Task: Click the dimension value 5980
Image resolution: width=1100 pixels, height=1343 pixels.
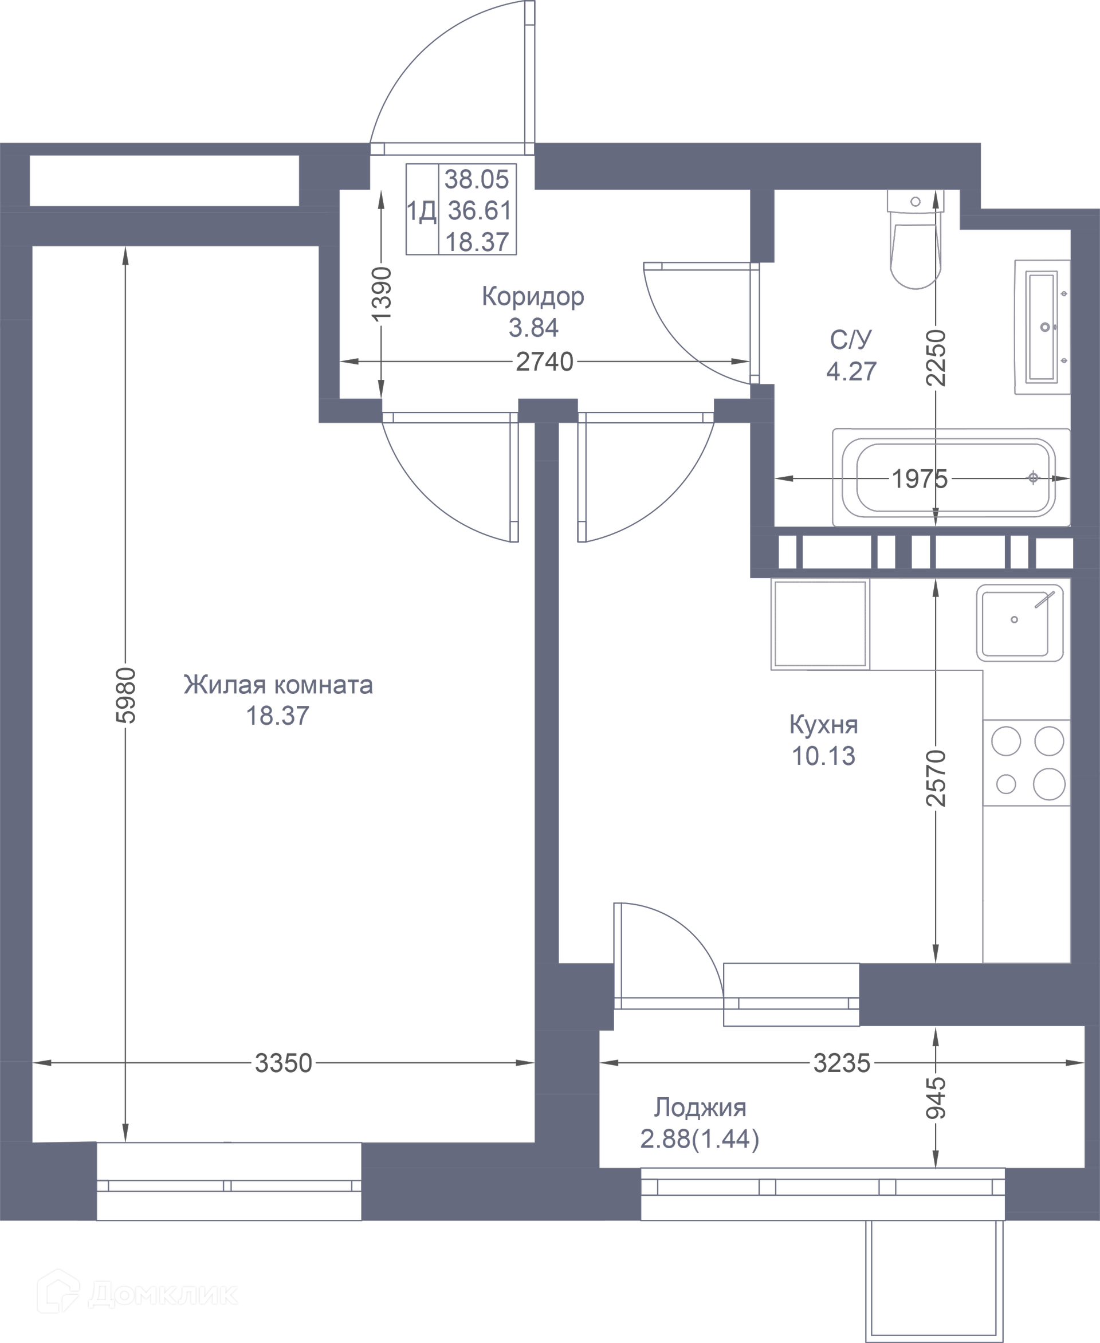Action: coord(126,694)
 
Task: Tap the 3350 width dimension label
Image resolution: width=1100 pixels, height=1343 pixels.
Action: coord(283,1063)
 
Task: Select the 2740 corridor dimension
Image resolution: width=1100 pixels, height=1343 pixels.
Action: coord(544,362)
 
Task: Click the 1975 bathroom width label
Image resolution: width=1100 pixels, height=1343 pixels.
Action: coord(920,478)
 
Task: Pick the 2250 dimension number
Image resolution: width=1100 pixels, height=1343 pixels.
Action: coord(936,358)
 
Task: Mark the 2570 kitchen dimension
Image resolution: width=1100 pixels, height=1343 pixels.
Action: coord(936,777)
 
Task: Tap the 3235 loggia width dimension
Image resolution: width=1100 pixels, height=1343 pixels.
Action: coord(842,1063)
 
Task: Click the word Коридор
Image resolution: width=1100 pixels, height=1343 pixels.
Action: coord(533,297)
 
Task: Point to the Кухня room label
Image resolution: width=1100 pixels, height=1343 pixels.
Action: coord(824,724)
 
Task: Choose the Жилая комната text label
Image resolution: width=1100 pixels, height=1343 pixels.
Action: coord(278,685)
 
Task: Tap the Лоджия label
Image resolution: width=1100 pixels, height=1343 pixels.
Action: coord(700,1108)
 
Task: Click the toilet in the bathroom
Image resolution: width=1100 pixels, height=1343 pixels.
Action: coord(916,239)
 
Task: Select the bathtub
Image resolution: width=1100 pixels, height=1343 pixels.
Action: coord(951,477)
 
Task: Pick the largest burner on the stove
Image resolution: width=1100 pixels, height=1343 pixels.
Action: coord(1048,784)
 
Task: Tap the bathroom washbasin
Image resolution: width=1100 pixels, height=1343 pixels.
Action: coord(1042,327)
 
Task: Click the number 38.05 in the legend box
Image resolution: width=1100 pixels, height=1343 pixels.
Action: coord(477,179)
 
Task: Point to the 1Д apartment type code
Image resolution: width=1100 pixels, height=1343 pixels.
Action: coord(421,211)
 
